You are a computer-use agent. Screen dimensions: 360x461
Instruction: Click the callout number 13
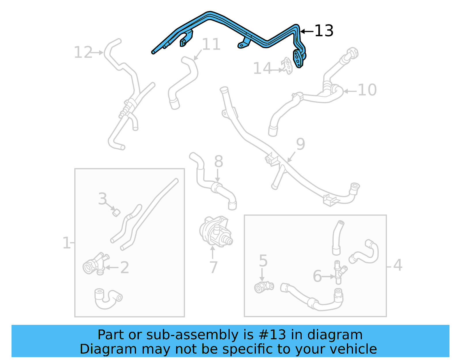[x=324, y=31]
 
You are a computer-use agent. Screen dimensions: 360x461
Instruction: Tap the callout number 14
[x=262, y=69]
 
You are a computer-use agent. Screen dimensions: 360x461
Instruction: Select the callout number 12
[x=83, y=52]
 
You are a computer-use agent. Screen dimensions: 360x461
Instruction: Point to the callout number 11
[x=211, y=44]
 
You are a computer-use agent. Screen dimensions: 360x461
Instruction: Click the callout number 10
[x=367, y=90]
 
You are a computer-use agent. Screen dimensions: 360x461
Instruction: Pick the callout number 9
[x=301, y=144]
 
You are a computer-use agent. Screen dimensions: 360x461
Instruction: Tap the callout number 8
[x=219, y=161]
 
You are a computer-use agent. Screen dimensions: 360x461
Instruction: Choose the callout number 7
[x=214, y=267]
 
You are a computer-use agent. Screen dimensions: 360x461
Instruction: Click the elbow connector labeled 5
[x=263, y=287]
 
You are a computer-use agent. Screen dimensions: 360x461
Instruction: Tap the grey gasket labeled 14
[x=287, y=65]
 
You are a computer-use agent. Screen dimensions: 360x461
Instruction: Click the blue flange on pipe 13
[x=298, y=58]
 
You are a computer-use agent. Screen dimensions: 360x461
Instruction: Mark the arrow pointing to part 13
[x=307, y=31]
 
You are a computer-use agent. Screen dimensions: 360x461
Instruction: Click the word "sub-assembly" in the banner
[x=192, y=335]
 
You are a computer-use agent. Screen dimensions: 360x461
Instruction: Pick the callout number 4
[x=398, y=265]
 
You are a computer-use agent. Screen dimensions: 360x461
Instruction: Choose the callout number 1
[x=66, y=243]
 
